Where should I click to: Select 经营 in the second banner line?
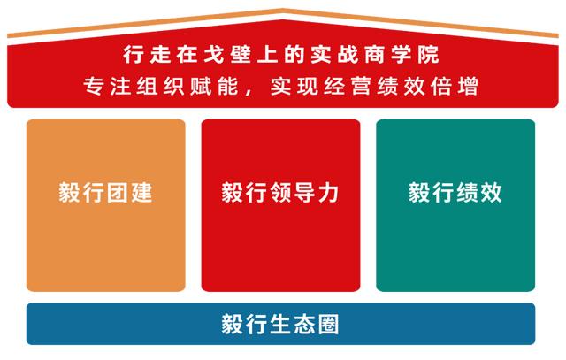351,88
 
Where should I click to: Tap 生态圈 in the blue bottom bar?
304,324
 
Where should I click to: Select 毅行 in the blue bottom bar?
245,324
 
